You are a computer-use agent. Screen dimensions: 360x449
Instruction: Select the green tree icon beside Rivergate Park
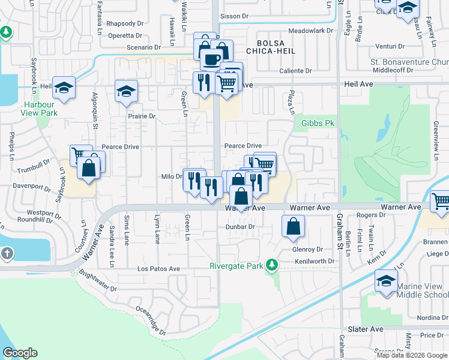pos(272,265)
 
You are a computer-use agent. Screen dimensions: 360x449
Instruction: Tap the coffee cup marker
pos(211,59)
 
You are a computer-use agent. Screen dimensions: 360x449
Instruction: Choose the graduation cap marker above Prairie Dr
pos(126,92)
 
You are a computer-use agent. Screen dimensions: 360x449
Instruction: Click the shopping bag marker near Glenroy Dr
pos(293,227)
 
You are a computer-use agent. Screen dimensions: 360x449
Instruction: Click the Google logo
pos(20,353)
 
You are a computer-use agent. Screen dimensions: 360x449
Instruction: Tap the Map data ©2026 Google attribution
pos(412,355)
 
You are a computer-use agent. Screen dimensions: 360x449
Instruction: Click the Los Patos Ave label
pos(159,269)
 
